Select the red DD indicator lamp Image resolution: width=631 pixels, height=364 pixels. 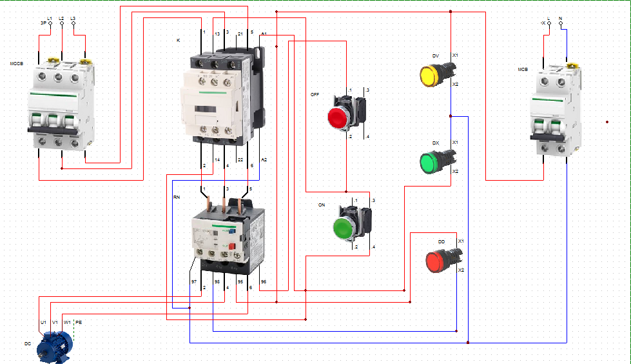click(436, 261)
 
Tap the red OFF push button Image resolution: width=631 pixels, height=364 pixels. click(338, 117)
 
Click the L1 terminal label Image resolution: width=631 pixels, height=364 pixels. click(50, 19)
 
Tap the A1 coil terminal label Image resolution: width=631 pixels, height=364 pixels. click(264, 33)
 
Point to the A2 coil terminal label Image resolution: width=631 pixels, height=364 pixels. click(264, 159)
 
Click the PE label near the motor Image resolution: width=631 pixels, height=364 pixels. click(79, 321)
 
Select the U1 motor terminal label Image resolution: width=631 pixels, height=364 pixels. click(43, 321)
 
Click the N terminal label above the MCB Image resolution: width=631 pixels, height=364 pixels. click(560, 18)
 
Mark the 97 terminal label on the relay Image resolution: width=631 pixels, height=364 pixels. click(193, 282)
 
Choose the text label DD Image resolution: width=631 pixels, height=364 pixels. click(442, 241)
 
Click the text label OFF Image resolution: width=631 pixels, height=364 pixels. click(315, 94)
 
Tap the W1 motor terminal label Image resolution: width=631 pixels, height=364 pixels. click(67, 321)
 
